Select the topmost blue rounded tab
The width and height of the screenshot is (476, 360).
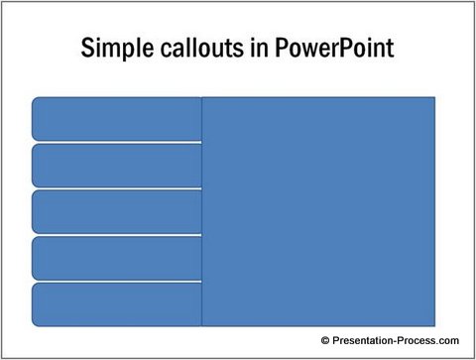pos(117,119)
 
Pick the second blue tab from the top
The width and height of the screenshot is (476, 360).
pos(117,165)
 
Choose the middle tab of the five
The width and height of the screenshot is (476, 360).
pos(117,211)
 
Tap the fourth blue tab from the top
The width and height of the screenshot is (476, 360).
pos(117,258)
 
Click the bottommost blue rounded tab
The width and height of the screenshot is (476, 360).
pos(117,303)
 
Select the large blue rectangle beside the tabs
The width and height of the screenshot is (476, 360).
pos(318,211)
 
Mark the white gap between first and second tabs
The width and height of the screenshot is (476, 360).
pos(117,142)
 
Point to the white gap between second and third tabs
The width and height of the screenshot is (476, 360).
pos(117,188)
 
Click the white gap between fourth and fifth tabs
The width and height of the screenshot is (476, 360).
pos(117,281)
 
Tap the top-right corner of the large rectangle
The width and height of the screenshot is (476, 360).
pos(434,97)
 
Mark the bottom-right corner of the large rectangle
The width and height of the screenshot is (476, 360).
pos(434,325)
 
